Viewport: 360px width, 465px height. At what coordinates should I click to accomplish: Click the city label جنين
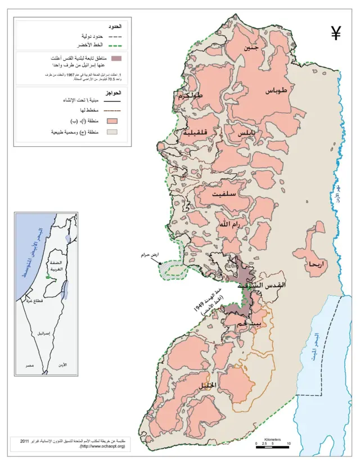click(x=251, y=48)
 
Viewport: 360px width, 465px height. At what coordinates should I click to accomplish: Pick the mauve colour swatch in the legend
click(x=116, y=58)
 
